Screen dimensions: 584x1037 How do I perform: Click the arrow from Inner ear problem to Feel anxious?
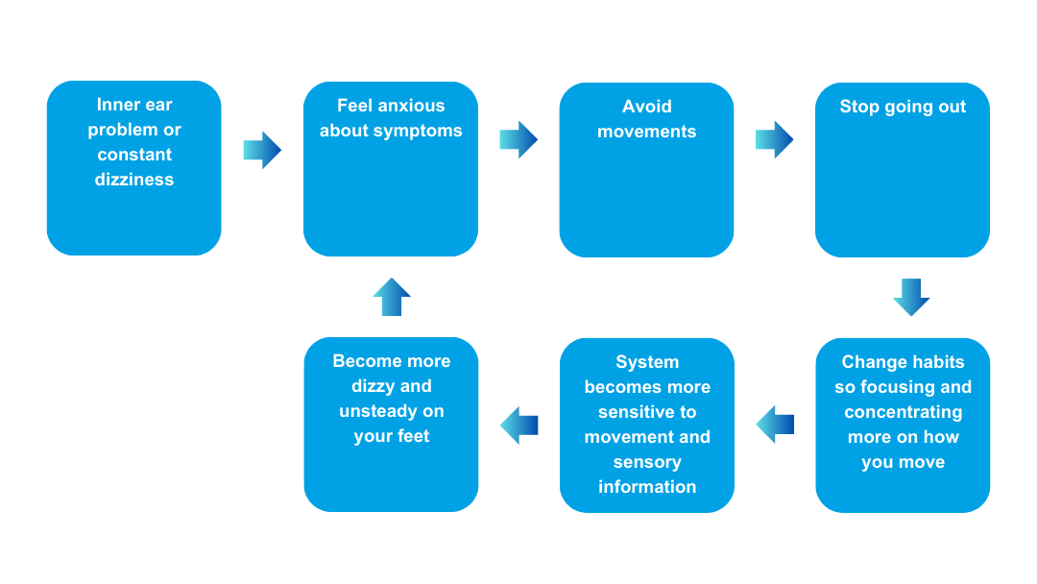(262, 150)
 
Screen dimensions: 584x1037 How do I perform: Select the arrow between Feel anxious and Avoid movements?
(518, 139)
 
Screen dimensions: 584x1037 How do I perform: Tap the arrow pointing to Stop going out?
(775, 139)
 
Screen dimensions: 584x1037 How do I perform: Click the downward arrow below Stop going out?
(911, 297)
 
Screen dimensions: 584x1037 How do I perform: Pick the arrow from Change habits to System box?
(775, 425)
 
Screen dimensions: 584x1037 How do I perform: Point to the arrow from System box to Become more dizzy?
(519, 425)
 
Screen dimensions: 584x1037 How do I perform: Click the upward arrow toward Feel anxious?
(392, 297)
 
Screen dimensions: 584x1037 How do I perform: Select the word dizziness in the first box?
(134, 180)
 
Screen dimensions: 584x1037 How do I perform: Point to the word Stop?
(859, 107)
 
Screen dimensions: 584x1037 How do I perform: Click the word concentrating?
(903, 412)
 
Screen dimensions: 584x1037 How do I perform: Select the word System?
(647, 362)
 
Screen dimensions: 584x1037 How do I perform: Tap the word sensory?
(647, 462)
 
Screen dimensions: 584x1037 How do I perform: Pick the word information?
(647, 487)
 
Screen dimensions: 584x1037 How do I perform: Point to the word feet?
(411, 436)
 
